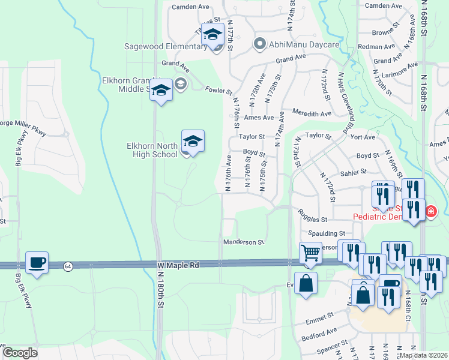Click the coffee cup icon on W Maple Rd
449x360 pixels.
[x=37, y=263]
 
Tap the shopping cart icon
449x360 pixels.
[x=310, y=253]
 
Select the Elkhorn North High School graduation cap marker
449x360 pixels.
[x=193, y=142]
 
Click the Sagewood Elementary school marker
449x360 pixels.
[x=212, y=35]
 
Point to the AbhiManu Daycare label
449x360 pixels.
[x=297, y=44]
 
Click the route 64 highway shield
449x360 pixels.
[x=68, y=266]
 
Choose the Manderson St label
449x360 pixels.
[x=244, y=242]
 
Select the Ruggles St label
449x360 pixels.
[x=312, y=220]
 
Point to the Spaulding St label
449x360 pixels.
[x=327, y=233]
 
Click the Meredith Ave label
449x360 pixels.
[x=312, y=113]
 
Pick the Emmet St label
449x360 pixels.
[x=318, y=316]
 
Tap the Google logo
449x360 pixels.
[x=19, y=353]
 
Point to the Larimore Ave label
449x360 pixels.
[x=405, y=65]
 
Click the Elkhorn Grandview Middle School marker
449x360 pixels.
[x=161, y=91]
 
